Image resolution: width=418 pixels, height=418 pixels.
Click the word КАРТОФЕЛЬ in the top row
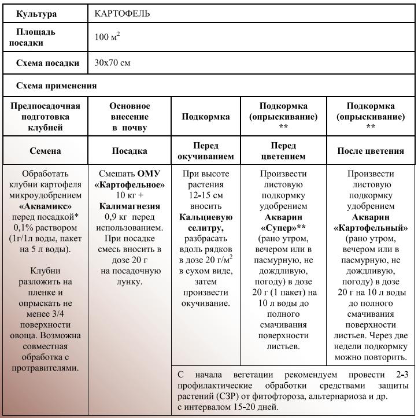[x=122, y=13]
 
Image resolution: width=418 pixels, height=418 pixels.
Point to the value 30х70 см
[x=112, y=63]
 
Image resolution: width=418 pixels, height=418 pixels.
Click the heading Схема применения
[x=56, y=86]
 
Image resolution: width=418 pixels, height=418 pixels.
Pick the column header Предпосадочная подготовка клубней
[x=45, y=117]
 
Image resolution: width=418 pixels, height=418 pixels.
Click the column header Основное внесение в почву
[x=130, y=117]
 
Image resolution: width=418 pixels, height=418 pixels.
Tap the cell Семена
[x=45, y=151]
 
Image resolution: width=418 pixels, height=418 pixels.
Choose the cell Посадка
[x=130, y=151]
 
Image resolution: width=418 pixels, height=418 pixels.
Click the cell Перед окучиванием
[x=206, y=151]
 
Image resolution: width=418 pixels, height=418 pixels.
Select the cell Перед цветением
[x=283, y=151]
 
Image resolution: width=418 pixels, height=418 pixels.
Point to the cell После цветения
[x=371, y=151]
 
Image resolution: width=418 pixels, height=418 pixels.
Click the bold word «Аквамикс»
[x=45, y=206]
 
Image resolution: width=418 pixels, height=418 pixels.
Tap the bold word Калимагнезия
[x=130, y=206]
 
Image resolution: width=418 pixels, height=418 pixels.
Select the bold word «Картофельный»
[x=371, y=228]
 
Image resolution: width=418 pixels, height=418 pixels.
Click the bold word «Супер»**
[x=283, y=228]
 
